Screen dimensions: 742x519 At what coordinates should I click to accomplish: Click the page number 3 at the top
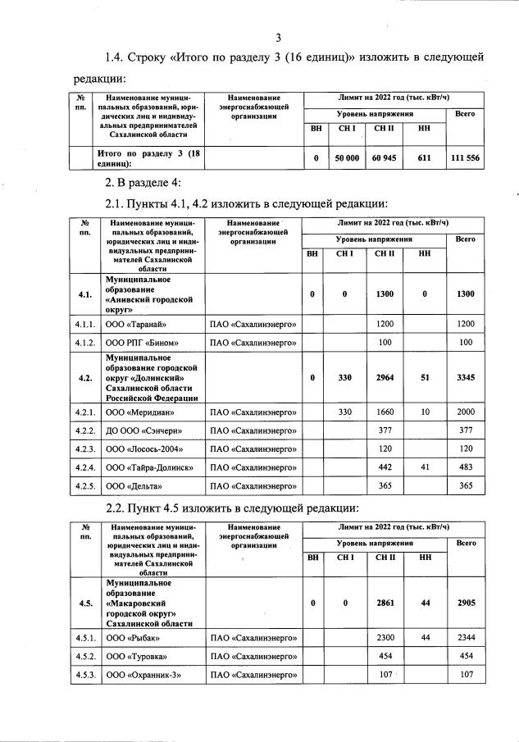coord(278,38)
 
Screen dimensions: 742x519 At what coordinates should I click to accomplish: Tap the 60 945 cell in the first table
coord(384,159)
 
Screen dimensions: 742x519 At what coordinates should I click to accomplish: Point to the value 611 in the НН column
coord(424,159)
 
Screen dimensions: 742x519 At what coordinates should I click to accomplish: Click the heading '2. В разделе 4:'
coord(142,182)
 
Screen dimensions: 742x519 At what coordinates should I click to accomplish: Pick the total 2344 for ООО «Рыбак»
coord(465,638)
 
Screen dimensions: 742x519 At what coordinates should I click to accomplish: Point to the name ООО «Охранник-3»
coord(143,676)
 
